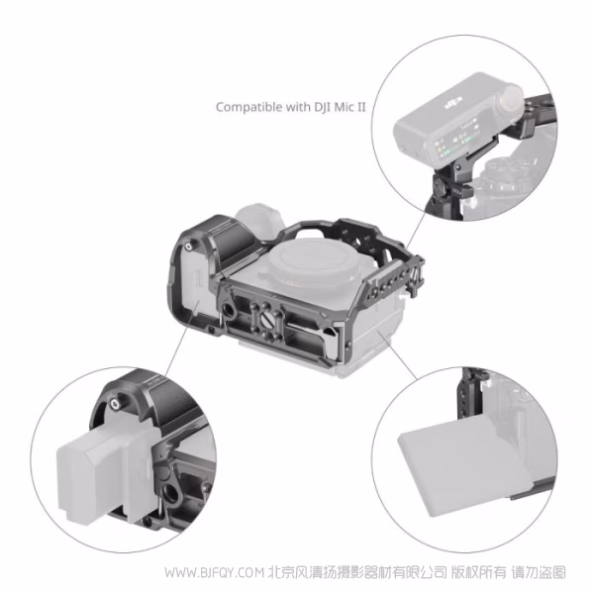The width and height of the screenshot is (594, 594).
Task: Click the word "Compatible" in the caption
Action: [243, 106]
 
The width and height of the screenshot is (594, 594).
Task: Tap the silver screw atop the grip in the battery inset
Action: [118, 404]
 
